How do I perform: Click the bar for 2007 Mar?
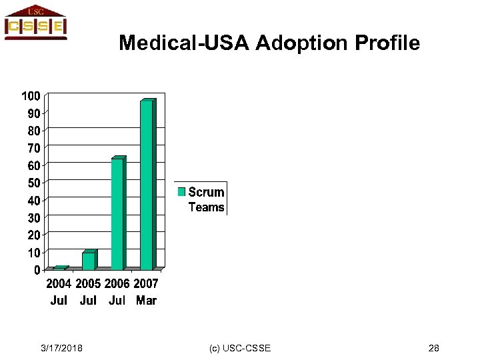(x=147, y=185)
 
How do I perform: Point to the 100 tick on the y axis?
(x=31, y=96)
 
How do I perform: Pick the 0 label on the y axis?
(x=37, y=270)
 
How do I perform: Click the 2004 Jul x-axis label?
(x=59, y=292)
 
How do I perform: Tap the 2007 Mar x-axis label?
(x=146, y=292)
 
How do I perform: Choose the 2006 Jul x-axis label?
(x=117, y=292)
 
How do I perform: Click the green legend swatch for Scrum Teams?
(x=181, y=192)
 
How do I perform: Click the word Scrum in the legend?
(x=206, y=192)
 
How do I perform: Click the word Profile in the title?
(x=387, y=44)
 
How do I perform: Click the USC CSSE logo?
(x=35, y=23)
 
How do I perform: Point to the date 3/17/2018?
(x=62, y=349)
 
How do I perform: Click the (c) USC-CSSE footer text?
(x=240, y=349)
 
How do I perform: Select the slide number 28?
(x=433, y=349)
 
